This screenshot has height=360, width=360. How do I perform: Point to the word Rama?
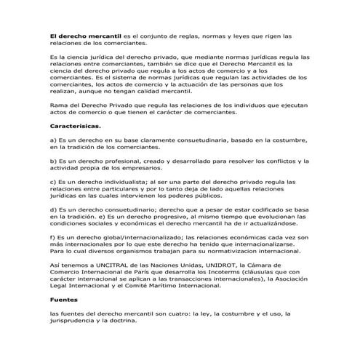[57, 105]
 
